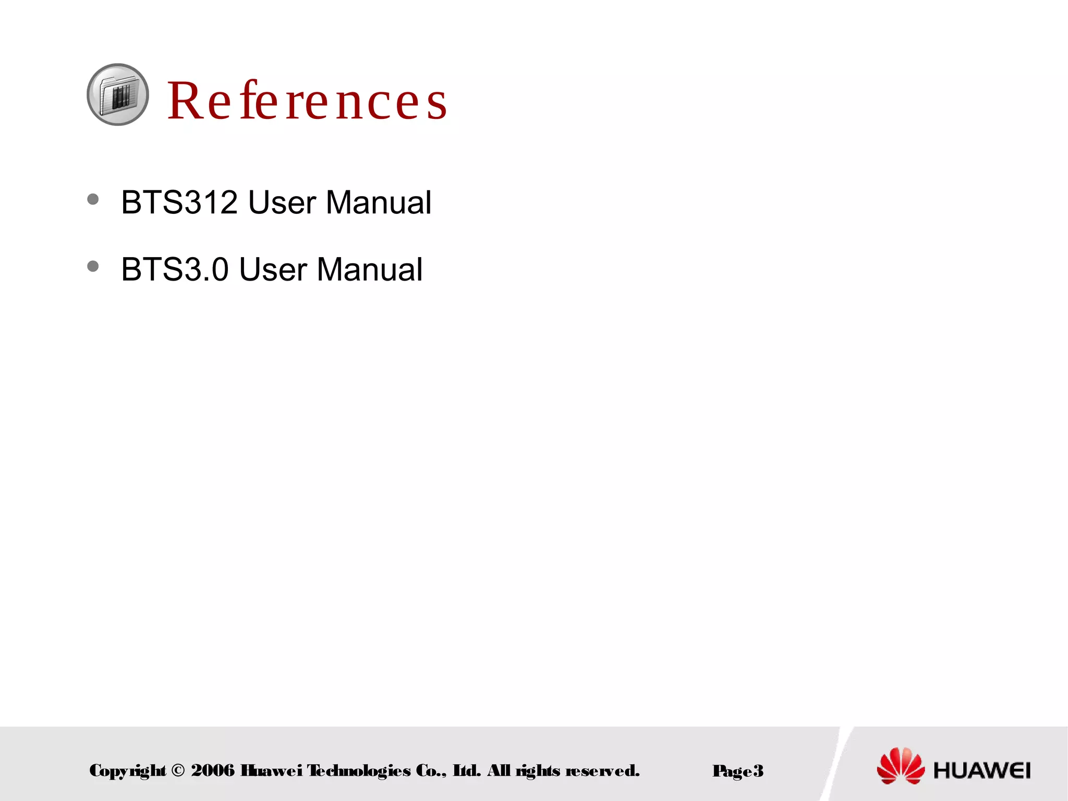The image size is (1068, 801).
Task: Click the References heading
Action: point(307,101)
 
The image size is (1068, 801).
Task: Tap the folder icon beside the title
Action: point(118,95)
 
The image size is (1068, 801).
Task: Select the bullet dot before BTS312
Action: point(93,199)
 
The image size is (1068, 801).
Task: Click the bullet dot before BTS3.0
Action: point(93,266)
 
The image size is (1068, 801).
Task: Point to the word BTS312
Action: point(179,202)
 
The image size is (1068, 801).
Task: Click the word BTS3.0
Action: point(175,270)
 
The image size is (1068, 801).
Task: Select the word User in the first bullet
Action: point(282,202)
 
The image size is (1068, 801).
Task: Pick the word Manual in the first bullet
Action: point(379,202)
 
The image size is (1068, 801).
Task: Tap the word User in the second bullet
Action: point(273,270)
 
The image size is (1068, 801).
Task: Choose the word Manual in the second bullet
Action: point(370,270)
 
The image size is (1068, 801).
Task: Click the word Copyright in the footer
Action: point(128,771)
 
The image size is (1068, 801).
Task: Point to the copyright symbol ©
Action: point(178,771)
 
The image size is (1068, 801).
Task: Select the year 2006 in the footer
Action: point(213,771)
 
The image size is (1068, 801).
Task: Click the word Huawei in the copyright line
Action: point(271,771)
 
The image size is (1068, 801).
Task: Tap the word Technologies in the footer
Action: point(358,771)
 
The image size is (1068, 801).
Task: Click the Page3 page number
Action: point(737,771)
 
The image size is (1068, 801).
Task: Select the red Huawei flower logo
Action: point(900,766)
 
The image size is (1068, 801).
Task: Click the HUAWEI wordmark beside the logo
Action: point(982,770)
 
